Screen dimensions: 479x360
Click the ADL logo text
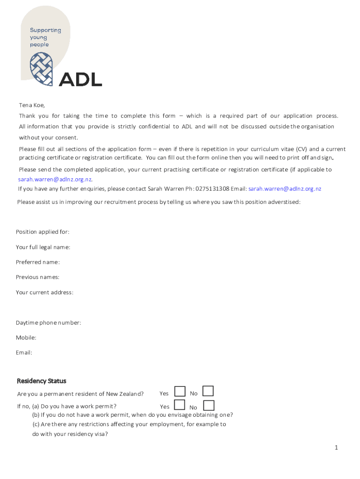80,79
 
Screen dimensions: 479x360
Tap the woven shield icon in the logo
42,69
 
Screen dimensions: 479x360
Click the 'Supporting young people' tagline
45,37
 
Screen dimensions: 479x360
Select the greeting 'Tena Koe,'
32,105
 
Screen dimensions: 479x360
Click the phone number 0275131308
212,189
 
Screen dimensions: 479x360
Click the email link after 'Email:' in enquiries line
285,189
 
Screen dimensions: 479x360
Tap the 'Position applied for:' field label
43,232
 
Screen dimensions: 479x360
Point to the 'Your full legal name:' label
43,247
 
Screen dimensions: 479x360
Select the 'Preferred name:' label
38,262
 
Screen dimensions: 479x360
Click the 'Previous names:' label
38,277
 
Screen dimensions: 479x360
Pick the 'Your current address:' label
44,292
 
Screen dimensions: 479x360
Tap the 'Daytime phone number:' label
49,323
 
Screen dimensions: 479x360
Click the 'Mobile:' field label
26,337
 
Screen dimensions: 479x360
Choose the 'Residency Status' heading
42,381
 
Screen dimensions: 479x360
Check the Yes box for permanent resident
180,392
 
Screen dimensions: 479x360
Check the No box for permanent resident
208,391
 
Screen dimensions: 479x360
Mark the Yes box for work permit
180,405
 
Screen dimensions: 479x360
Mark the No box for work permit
209,405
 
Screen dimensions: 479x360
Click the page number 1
336,448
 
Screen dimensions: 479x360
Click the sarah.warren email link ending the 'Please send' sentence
55,179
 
